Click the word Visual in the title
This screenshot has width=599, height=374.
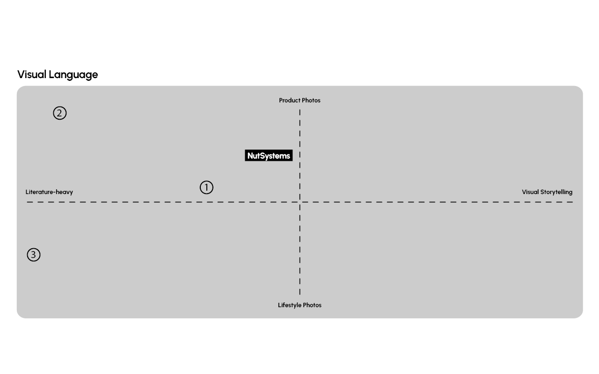tap(31, 74)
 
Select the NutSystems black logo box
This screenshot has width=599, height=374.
tap(269, 156)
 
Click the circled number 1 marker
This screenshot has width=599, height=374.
tap(206, 187)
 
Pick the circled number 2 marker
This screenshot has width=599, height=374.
tap(60, 113)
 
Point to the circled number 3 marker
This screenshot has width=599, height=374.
tap(34, 255)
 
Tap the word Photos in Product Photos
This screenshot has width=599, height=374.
tap(311, 101)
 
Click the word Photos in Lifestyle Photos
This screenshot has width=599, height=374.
tap(312, 305)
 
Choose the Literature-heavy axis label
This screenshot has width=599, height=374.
tap(49, 192)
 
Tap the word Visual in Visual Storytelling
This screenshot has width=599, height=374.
tap(530, 192)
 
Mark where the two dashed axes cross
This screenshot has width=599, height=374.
tap(300, 202)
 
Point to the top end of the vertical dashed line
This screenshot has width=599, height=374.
tap(300, 110)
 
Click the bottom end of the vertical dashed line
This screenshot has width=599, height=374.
tap(300, 294)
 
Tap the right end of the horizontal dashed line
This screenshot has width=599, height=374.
tap(572, 202)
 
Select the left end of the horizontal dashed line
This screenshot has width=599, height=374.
tap(28, 202)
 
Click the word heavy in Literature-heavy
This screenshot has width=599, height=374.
tap(64, 192)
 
